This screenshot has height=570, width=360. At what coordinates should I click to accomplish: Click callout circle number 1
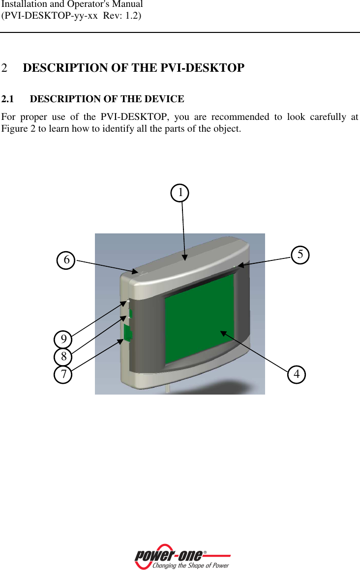click(181, 193)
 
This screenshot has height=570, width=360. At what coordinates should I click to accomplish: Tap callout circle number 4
click(297, 374)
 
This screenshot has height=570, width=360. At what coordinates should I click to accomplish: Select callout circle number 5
click(300, 255)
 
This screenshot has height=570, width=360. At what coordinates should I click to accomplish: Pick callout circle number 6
click(66, 260)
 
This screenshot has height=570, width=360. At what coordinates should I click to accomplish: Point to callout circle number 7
click(63, 374)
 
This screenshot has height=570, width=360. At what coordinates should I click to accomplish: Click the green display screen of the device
click(199, 319)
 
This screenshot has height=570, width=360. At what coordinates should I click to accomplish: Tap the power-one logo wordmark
click(169, 555)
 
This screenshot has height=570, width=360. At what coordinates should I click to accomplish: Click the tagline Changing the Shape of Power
click(190, 566)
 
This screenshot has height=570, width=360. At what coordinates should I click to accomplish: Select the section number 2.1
click(7, 99)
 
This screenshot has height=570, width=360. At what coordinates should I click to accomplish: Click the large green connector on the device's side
click(128, 334)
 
